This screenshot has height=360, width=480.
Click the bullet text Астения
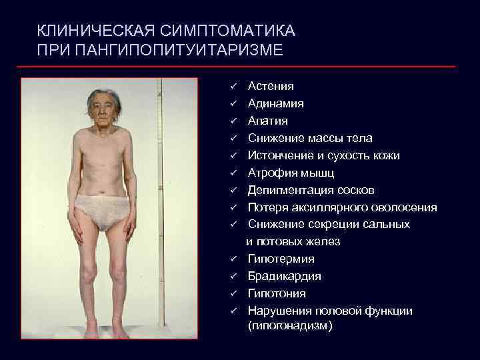click(271, 87)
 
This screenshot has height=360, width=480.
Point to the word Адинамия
click(276, 104)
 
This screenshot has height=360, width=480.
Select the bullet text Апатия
click(268, 121)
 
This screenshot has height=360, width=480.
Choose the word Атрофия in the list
click(272, 173)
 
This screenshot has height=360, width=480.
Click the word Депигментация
click(292, 191)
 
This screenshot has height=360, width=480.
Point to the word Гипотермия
click(281, 259)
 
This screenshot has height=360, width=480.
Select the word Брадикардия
click(285, 276)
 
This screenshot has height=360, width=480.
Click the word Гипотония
click(277, 293)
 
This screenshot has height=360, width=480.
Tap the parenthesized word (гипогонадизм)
click(290, 327)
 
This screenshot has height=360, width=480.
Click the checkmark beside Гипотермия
click(235, 259)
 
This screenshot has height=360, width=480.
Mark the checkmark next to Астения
click(235, 87)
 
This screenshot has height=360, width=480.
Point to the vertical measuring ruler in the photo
click(159, 200)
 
